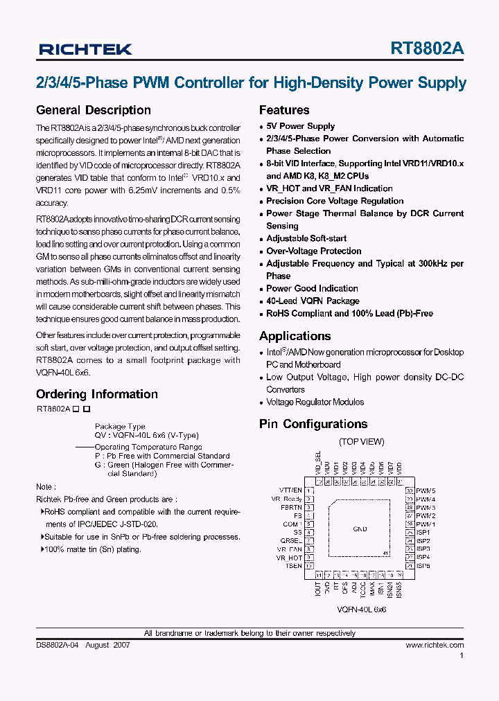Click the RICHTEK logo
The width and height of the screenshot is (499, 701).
click(x=85, y=49)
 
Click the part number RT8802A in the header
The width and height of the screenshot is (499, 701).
click(x=428, y=48)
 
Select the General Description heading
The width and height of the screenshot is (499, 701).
click(x=93, y=110)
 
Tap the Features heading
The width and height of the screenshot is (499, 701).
click(x=284, y=110)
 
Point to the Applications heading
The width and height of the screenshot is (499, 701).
click(x=295, y=336)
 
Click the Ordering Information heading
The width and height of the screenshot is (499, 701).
click(x=97, y=394)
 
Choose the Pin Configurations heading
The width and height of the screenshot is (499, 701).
click(x=313, y=424)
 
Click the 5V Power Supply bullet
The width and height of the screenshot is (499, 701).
click(x=300, y=126)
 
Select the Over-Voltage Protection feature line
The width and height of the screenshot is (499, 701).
click(x=314, y=251)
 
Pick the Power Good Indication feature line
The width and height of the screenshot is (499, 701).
click(x=312, y=288)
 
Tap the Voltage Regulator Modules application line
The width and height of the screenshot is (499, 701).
click(x=315, y=402)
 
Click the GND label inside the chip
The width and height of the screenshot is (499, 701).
click(x=360, y=529)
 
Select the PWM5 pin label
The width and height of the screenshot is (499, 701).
click(x=426, y=490)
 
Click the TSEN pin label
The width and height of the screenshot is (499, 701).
click(x=293, y=566)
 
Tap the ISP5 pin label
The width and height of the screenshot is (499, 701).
click(x=423, y=566)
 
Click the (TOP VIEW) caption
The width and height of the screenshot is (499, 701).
click(x=361, y=442)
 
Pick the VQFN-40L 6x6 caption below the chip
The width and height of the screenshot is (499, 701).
click(x=362, y=610)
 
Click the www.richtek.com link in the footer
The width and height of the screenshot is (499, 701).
click(x=435, y=645)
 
